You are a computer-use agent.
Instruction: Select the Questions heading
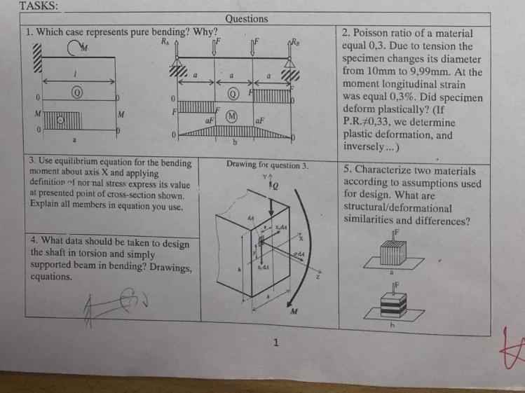(247, 19)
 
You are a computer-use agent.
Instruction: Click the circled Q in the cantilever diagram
(77, 92)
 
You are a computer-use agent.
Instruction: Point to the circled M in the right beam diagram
(232, 116)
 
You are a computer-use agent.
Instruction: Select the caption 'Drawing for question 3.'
(267, 165)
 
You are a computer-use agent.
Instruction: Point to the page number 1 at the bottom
(276, 343)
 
